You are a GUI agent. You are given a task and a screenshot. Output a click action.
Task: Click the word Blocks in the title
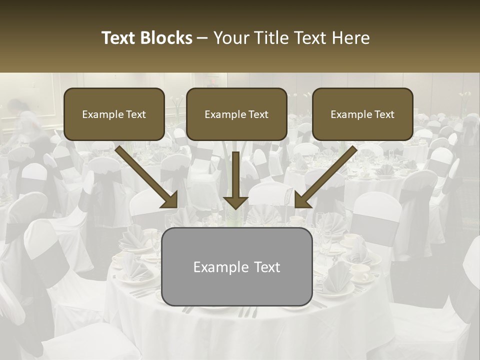click(166, 38)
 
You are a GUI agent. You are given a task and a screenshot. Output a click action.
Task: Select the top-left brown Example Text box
click(114, 114)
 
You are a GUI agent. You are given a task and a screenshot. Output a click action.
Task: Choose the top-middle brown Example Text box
click(236, 114)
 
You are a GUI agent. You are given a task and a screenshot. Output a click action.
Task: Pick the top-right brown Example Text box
click(362, 114)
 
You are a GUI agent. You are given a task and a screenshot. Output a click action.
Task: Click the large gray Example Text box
click(236, 266)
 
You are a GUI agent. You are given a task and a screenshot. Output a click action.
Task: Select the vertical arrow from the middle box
click(236, 175)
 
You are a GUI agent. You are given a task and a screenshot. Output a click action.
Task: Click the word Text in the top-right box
click(384, 114)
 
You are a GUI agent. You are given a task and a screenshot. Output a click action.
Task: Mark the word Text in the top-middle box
click(258, 114)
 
